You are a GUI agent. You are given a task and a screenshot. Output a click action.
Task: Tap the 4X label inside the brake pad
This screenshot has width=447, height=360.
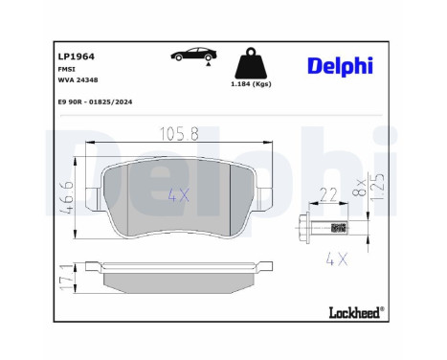coord(179,194)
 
